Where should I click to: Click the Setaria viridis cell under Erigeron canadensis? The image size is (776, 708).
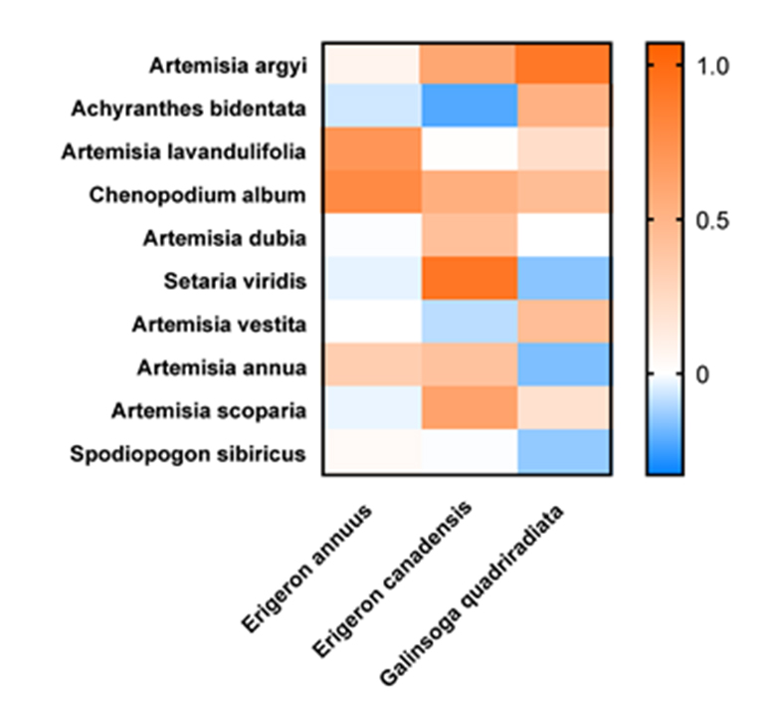(x=466, y=282)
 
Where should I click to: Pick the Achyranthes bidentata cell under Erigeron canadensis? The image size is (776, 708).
(x=466, y=109)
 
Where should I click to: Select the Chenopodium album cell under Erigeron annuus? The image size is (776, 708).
(x=370, y=195)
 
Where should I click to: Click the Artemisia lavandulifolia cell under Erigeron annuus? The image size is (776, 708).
(x=370, y=152)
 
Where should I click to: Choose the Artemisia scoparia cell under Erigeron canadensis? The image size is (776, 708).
(x=466, y=412)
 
